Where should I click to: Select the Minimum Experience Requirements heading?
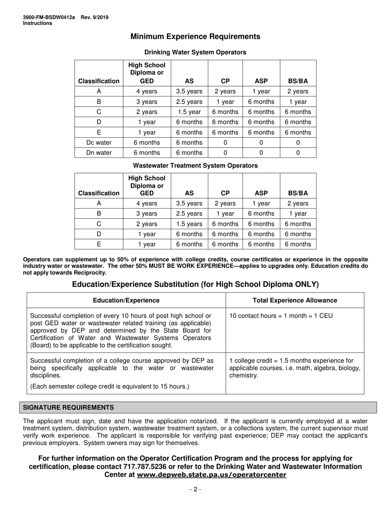195,37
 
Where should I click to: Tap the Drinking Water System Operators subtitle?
195,52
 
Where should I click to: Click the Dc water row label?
99,143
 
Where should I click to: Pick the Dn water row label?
99,153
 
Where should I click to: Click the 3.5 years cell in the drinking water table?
189,92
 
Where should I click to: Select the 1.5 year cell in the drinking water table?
189,112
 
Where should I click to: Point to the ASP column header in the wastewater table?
261,193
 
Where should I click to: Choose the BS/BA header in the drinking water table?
298,81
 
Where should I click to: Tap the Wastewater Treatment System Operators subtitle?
195,166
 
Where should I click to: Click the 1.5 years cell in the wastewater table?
189,224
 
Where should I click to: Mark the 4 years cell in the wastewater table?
147,203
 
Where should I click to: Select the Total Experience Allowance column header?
295,300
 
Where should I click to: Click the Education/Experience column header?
126,300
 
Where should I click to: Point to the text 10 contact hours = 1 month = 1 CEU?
281,316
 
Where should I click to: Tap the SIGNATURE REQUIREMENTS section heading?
68,408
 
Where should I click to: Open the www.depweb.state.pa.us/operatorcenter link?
212,475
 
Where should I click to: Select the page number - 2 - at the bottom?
195,489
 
